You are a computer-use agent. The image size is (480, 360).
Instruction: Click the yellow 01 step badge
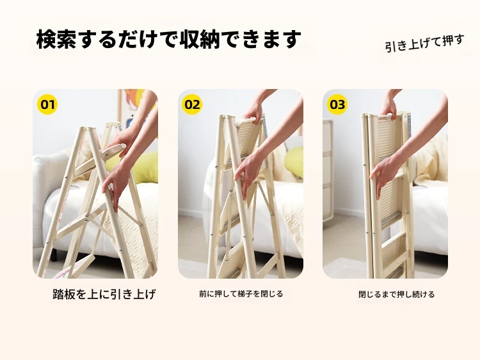point(47,104)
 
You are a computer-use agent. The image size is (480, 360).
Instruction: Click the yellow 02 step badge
point(192,104)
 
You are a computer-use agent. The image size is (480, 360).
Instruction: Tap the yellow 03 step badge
point(337,104)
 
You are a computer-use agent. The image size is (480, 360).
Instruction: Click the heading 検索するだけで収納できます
point(169,39)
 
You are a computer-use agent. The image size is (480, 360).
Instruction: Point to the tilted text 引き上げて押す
point(424,44)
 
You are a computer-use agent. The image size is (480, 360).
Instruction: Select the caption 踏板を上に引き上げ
point(104,295)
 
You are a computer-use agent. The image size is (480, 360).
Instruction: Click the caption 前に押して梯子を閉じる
point(241,294)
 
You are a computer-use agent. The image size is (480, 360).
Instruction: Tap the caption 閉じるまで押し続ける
point(396,295)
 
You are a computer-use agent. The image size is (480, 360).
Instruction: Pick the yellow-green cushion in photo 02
point(294,161)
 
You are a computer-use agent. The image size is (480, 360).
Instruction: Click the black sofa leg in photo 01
point(54,254)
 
